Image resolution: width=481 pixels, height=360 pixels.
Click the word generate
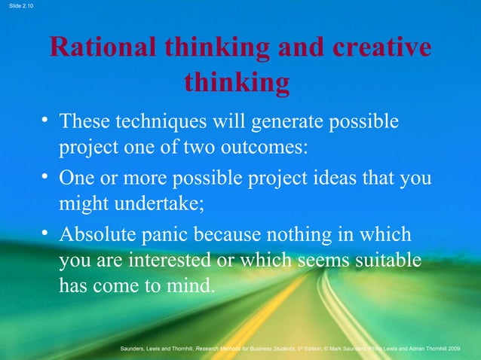281,122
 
